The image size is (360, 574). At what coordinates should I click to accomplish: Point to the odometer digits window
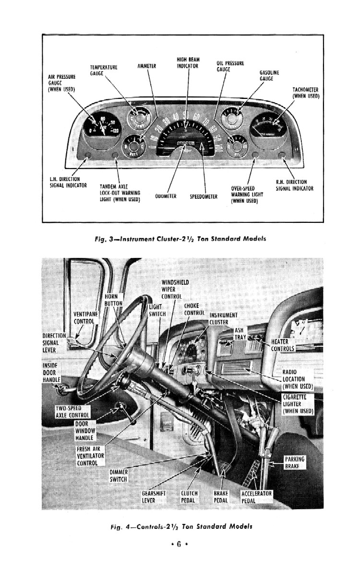click(185, 143)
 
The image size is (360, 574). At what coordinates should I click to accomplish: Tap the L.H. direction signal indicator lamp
click(87, 155)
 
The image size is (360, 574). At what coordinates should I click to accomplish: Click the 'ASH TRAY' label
click(240, 334)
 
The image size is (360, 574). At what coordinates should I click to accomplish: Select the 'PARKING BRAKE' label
click(294, 463)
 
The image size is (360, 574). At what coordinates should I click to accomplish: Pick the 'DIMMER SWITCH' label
click(118, 476)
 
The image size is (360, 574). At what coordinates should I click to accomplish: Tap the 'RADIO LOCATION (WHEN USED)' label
click(297, 379)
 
